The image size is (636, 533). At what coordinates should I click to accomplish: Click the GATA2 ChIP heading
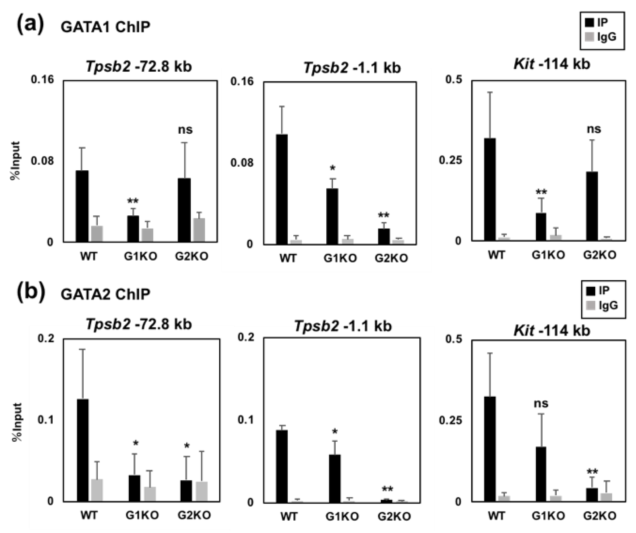click(105, 294)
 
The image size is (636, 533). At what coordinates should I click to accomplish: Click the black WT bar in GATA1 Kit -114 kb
click(490, 189)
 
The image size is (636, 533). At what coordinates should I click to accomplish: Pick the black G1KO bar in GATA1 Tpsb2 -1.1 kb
click(332, 216)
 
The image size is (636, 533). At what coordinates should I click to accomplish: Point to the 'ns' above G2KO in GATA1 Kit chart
click(594, 129)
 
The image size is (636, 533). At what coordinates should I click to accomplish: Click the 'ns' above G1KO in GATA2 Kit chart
click(541, 403)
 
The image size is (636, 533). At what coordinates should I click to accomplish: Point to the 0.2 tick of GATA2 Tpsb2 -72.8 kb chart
click(46, 339)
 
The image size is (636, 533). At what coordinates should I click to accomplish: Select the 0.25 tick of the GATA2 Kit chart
click(450, 420)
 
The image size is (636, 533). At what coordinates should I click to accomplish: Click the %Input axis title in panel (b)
click(18, 422)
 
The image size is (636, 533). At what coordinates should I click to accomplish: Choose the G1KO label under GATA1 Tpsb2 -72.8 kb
click(140, 257)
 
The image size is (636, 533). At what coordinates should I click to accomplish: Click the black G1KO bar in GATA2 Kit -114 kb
click(541, 474)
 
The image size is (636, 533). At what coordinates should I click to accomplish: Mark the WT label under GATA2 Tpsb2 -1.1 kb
click(289, 516)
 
